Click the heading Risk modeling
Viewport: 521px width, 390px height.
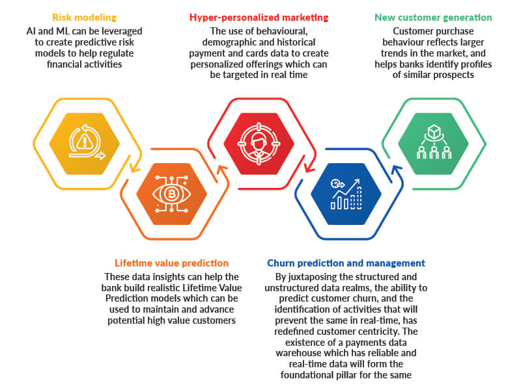click(x=85, y=18)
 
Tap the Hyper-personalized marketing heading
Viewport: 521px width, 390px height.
click(x=259, y=18)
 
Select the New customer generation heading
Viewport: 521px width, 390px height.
click(x=433, y=18)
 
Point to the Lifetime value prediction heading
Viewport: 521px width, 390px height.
click(x=171, y=263)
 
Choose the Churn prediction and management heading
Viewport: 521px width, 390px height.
click(x=346, y=263)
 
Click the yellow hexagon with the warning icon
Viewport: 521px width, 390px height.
click(x=85, y=144)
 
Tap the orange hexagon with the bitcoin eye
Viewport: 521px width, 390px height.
click(x=171, y=194)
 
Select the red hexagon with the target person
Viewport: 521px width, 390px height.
click(x=259, y=144)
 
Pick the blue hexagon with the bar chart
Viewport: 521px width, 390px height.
click(x=346, y=194)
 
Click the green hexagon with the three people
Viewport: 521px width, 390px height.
click(x=433, y=144)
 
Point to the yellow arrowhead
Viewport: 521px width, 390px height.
click(x=135, y=168)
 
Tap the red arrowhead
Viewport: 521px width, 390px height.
click(x=310, y=168)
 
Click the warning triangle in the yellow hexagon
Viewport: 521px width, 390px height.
click(x=85, y=142)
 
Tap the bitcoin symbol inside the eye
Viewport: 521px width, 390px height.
click(x=171, y=194)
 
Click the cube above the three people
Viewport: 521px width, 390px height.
click(x=434, y=132)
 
